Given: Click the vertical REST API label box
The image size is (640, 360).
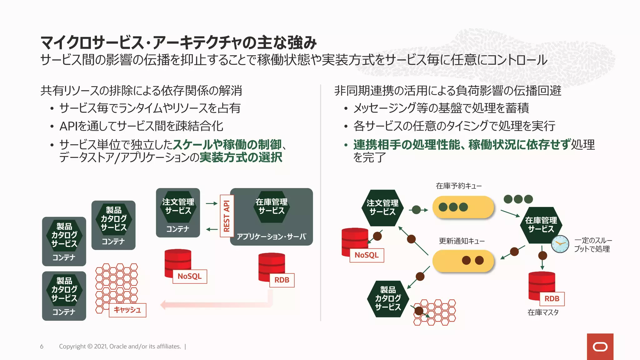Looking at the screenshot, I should [227, 216].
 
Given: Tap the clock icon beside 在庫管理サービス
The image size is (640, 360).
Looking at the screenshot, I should [560, 244].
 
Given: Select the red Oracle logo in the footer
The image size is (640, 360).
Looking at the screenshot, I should [600, 347].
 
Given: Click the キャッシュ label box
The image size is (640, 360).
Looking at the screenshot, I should [127, 310].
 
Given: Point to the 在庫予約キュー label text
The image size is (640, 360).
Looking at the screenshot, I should [458, 186].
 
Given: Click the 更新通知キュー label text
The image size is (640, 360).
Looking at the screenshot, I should [462, 241].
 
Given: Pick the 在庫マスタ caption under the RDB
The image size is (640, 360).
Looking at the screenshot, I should [543, 312].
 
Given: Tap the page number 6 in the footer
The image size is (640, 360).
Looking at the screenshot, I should [42, 346].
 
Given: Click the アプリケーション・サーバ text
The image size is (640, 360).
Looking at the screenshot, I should [271, 237].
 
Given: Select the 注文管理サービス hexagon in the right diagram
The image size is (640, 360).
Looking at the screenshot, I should [382, 207].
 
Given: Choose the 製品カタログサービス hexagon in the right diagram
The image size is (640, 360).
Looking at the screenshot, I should [388, 298].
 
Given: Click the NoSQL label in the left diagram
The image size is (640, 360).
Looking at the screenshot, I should [190, 276].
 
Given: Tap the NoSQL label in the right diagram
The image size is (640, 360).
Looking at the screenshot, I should [367, 255].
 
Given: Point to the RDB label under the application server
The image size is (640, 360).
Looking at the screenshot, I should [282, 280].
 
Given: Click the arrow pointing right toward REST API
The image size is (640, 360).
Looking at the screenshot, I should [212, 203].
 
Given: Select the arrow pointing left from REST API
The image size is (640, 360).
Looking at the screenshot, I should [212, 229].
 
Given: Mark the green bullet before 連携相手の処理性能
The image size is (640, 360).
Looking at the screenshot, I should [346, 145].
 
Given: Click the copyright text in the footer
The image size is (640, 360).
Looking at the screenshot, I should [120, 346].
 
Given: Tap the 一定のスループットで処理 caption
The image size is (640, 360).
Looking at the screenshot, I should [592, 245].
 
